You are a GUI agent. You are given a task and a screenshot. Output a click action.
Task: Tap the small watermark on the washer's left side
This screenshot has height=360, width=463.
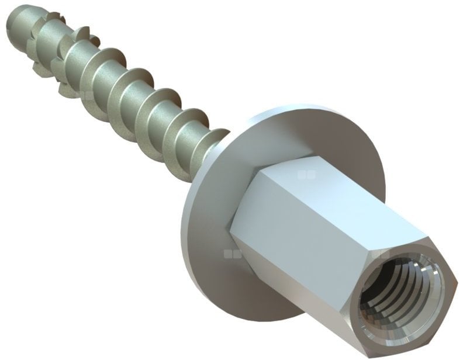[227, 254]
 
